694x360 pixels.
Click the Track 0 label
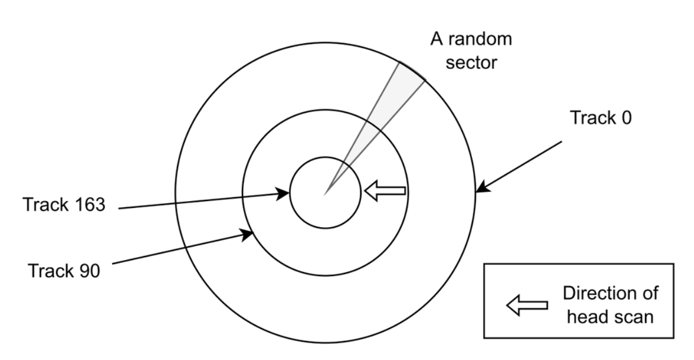point(601,118)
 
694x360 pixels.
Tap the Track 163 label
point(63,204)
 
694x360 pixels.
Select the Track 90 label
point(64,271)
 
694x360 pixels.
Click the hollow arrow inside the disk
point(385,191)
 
